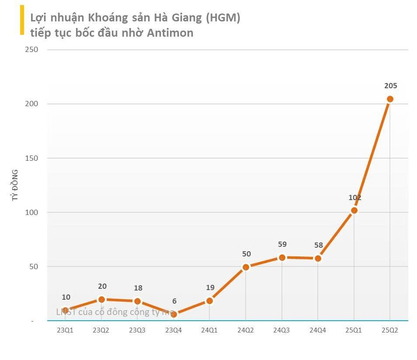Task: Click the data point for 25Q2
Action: (390, 99)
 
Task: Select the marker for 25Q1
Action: (354, 211)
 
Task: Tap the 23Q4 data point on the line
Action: (174, 314)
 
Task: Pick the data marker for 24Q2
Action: (246, 267)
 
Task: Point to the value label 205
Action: (390, 86)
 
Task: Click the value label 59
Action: (282, 245)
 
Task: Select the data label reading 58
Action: (318, 246)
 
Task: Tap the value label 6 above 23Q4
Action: (174, 301)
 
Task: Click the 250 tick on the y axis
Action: (32, 50)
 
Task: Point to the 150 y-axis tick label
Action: (32, 158)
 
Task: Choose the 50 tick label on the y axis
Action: (34, 267)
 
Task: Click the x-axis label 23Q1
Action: (65, 331)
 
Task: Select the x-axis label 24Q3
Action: (281, 331)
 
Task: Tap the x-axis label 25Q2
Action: (390, 331)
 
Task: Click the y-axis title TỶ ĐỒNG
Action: (15, 185)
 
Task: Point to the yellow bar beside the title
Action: (22, 20)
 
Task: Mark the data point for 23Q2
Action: (101, 299)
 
